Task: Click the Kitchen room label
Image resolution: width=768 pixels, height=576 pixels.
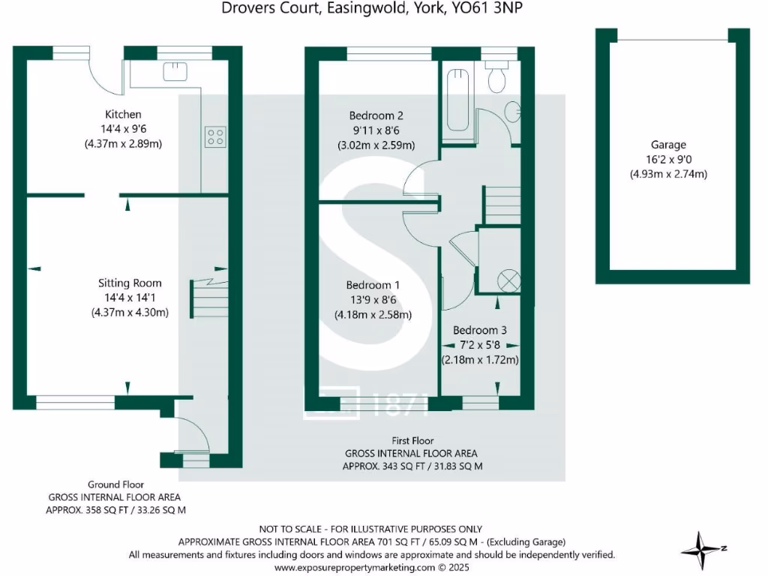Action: click(123, 115)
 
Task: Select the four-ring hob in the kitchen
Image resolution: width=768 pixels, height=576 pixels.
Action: click(215, 136)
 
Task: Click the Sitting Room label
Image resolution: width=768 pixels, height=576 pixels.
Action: click(130, 283)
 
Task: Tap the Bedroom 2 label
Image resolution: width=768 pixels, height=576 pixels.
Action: click(376, 115)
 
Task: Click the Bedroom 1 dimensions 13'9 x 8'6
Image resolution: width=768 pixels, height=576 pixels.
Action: click(373, 300)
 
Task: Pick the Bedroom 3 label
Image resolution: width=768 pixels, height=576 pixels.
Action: click(480, 330)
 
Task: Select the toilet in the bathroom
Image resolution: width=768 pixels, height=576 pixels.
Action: click(496, 79)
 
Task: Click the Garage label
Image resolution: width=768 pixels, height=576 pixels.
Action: click(668, 145)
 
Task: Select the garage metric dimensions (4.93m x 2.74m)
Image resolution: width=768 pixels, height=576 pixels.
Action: click(668, 174)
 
